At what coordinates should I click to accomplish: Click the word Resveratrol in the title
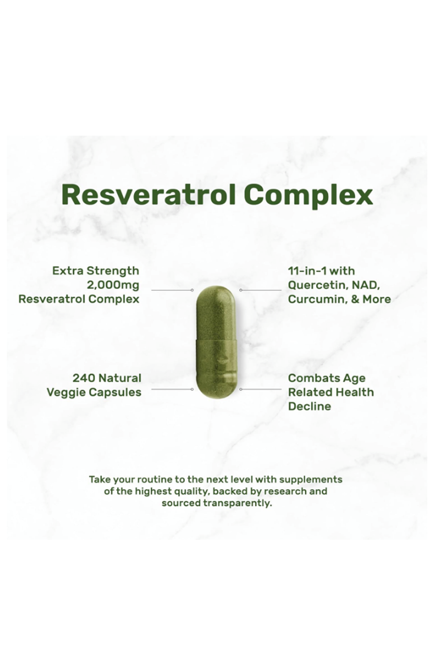coord(149,195)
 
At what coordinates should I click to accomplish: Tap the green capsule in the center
coord(216,342)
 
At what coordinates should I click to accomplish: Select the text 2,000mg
coord(113,285)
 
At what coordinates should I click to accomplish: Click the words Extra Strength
coord(96,271)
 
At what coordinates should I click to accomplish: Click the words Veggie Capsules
coord(94,393)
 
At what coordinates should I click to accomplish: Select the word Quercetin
coord(318,285)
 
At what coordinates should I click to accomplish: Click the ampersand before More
coord(355,299)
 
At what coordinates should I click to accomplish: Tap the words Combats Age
coord(327,379)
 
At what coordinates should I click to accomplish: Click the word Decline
coord(309,406)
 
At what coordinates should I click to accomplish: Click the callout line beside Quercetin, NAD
coord(261,290)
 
